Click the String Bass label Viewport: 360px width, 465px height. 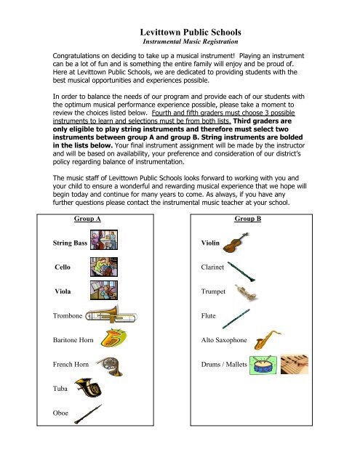[70, 241]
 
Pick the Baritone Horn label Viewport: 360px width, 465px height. [76, 339]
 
